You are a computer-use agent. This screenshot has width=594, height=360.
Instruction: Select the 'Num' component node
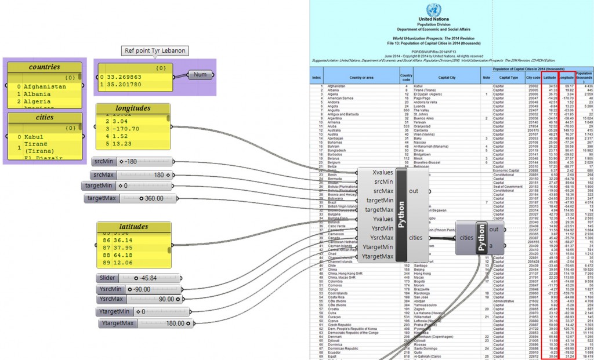[200, 75]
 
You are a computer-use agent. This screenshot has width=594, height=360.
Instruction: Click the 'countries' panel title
[44, 67]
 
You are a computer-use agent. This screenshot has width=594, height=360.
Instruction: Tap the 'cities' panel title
[44, 117]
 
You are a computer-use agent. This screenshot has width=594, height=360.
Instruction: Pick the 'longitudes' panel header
[133, 108]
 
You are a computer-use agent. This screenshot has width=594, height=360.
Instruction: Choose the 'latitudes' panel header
[133, 227]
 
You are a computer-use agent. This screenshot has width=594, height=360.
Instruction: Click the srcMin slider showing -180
[132, 161]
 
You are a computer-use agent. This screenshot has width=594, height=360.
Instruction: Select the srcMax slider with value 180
[132, 174]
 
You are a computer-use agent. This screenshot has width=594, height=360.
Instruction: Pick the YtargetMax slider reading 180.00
[140, 323]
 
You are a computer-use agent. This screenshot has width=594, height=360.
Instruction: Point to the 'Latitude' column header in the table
[550, 77]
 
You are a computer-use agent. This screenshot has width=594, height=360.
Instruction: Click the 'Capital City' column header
[447, 77]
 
